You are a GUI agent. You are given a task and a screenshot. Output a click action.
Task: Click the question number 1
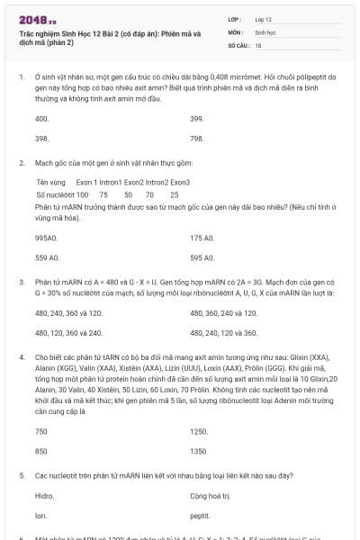(21, 77)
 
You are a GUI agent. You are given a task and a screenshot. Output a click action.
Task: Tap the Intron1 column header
(110, 182)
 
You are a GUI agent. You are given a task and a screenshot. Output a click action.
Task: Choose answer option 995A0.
(46, 238)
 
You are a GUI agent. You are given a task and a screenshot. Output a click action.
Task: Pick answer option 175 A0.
(202, 238)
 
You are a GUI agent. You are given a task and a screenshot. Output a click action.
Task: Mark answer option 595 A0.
(202, 257)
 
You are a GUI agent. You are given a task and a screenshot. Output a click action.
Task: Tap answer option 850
(40, 451)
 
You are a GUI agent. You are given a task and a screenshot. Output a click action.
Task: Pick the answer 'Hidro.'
(44, 496)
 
